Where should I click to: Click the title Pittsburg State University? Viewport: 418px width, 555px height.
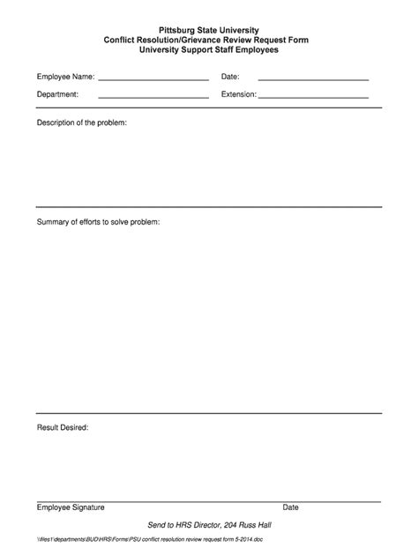coord(209,31)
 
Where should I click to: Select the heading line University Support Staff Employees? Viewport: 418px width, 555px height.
coord(209,50)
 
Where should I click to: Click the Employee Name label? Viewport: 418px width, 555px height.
coord(65,78)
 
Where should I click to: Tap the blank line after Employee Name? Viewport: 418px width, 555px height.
coord(153,79)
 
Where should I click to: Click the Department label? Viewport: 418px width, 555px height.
coord(57,93)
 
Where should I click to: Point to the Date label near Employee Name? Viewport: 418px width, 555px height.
coord(230,78)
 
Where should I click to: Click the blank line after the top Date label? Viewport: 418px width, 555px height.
coord(313,79)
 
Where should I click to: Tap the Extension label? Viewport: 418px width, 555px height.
coord(238,93)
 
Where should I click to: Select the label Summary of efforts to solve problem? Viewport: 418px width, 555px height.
coord(98,221)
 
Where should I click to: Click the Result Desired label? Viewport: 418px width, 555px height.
coord(62,427)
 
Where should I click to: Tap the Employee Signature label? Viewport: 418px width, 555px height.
coord(71,507)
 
